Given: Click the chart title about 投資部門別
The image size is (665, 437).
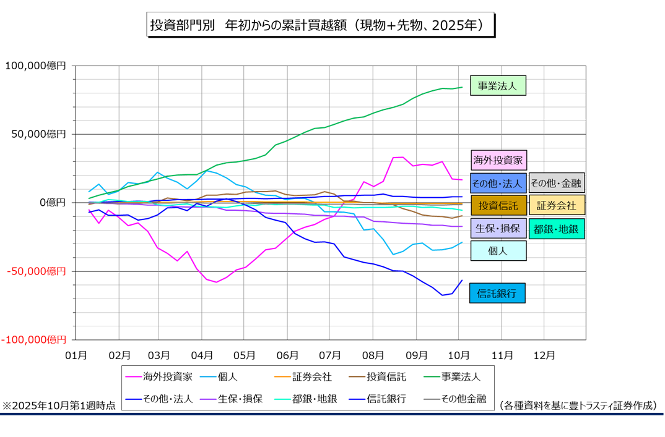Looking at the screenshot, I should [x=321, y=25].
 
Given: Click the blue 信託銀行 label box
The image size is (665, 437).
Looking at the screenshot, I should [x=498, y=292].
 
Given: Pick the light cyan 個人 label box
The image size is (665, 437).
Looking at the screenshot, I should [x=498, y=250].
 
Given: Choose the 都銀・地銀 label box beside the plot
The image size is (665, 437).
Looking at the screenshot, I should [x=556, y=229].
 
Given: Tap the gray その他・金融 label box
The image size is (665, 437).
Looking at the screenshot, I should [x=557, y=183].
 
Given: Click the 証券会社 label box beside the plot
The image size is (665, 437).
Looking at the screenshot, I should [x=556, y=205].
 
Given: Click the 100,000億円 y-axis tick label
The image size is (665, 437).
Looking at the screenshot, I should [x=35, y=65].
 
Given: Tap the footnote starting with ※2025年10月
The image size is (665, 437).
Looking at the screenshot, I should [x=59, y=405].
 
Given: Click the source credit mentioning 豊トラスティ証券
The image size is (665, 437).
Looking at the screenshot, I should [x=578, y=405].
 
